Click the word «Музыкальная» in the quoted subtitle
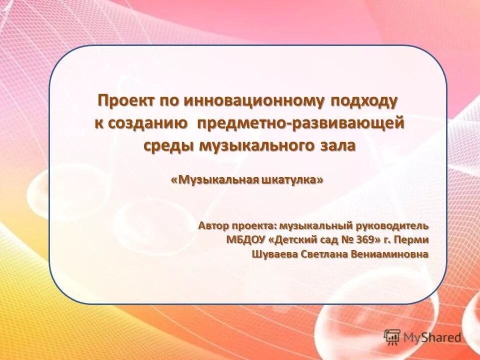216,180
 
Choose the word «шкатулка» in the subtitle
292,180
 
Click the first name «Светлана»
329,254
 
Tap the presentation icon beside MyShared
392,336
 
